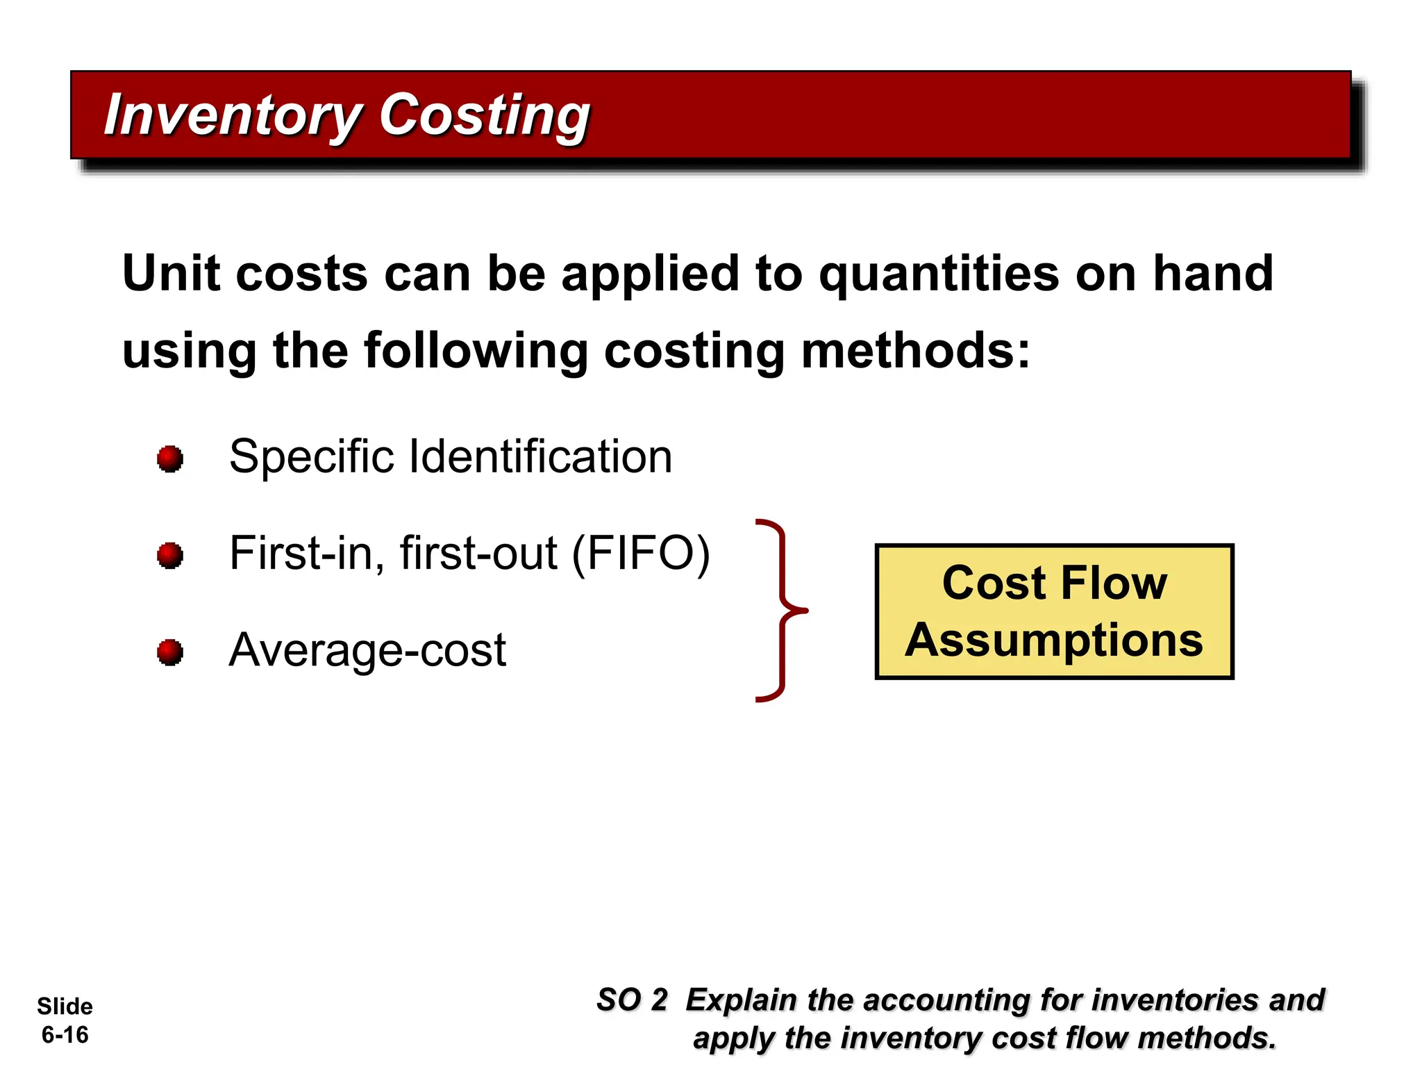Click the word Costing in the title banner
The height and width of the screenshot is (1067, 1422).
(485, 115)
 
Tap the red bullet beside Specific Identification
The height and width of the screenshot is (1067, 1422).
(170, 458)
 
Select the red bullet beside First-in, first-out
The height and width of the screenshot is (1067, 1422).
(170, 555)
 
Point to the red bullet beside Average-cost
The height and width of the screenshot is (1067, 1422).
(170, 652)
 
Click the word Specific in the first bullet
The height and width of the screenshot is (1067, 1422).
(310, 457)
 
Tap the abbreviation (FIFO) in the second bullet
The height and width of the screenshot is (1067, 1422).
(640, 554)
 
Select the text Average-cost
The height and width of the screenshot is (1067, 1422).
(367, 651)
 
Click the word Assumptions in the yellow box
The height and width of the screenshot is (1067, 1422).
(1053, 640)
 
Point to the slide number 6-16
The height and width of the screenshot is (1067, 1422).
(65, 1034)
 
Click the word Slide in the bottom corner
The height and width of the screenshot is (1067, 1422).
(65, 1006)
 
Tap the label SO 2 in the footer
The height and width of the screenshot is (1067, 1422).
(631, 1000)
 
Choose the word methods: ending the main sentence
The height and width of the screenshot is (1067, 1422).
(915, 351)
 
